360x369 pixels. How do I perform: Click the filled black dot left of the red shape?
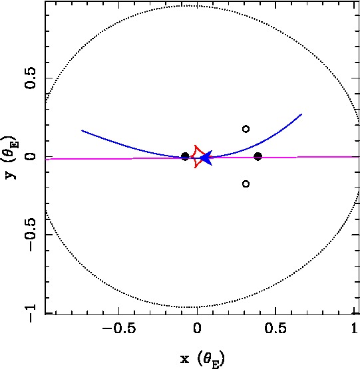[x=185, y=156]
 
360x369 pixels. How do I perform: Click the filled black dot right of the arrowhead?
[x=258, y=156]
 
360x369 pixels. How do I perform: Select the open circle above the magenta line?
[x=246, y=129]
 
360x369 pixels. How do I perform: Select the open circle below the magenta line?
[x=246, y=184]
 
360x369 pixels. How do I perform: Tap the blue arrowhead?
[x=207, y=158]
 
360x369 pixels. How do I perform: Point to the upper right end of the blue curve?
[x=301, y=114]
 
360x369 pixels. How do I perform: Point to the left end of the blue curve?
[x=82, y=130]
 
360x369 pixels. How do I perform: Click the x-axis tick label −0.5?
[x=119, y=328]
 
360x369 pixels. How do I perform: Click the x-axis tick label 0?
[x=197, y=328]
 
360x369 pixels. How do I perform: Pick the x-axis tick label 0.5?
[x=275, y=328]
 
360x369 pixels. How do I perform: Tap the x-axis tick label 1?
[x=355, y=328]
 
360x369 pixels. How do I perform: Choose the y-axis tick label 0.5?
[x=30, y=78]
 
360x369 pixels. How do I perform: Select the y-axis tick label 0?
[x=30, y=156]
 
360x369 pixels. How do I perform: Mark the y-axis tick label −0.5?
[x=30, y=235]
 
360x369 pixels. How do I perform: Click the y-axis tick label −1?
[x=30, y=313]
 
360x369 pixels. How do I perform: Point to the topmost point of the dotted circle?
[x=190, y=5]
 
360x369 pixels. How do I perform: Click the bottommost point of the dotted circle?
[x=190, y=307]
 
